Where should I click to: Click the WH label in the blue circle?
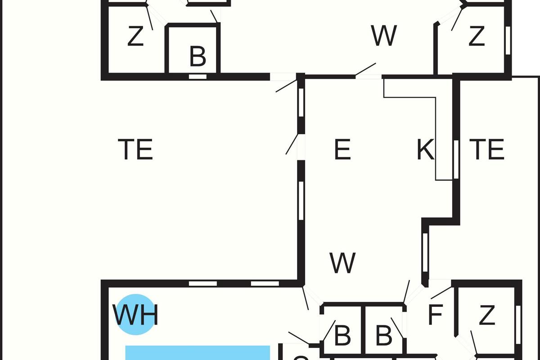click(135, 315)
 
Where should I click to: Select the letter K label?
click(425, 150)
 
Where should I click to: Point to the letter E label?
click(342, 150)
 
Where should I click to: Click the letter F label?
click(435, 315)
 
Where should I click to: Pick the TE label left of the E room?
click(135, 150)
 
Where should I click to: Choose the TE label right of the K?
click(487, 150)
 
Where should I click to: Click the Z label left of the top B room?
click(135, 37)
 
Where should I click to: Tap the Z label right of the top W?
click(477, 37)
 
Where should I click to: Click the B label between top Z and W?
click(198, 57)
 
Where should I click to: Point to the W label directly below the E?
click(342, 263)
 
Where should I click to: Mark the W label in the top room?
click(384, 36)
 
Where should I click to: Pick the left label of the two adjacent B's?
click(342, 335)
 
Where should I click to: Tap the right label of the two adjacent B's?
click(383, 335)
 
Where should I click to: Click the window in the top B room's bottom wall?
click(198, 76)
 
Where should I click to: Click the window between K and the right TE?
click(456, 159)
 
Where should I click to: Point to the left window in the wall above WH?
click(202, 283)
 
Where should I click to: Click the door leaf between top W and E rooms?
click(365, 69)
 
